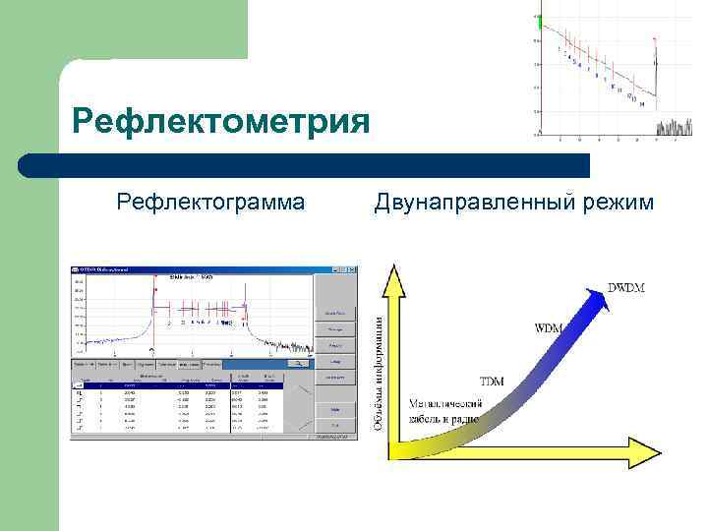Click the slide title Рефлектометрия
tap(221, 123)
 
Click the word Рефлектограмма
tap(210, 203)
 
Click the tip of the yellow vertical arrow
tap(393, 271)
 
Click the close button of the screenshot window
tap(350, 270)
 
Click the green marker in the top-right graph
tap(538, 21)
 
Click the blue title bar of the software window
tap(197, 270)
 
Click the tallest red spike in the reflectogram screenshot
tap(153, 295)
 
